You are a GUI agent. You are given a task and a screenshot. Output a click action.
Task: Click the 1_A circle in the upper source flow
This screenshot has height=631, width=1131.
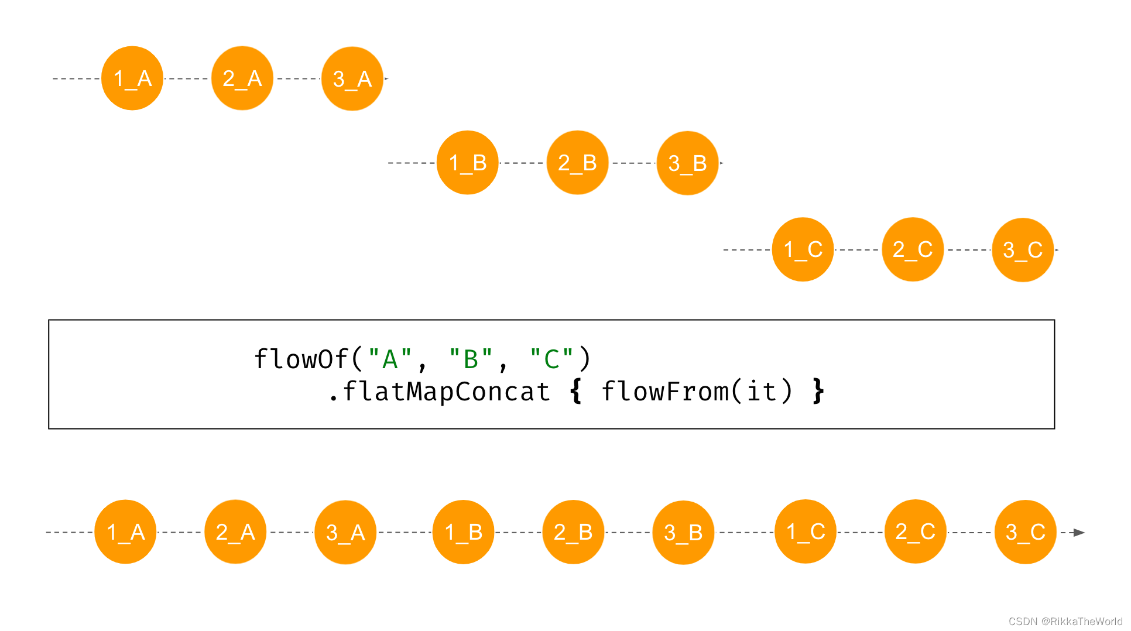tap(132, 78)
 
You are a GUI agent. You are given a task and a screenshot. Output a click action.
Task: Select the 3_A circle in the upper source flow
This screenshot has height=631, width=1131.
tap(352, 78)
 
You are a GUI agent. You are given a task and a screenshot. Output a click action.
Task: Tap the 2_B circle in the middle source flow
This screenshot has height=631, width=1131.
tap(577, 163)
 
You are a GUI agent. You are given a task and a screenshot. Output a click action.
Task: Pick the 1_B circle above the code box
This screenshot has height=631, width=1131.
tap(467, 163)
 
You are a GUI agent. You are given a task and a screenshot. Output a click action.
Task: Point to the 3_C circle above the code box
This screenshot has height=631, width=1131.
tap(1023, 250)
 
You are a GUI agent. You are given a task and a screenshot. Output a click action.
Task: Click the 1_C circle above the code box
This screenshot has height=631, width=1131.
tap(803, 249)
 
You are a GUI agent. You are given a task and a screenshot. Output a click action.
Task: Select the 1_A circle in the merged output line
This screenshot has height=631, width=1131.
tap(125, 532)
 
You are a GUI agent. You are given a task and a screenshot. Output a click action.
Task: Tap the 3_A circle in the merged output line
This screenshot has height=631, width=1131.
tap(345, 533)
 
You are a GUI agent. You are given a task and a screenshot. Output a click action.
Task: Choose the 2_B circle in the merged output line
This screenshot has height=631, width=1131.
tap(573, 532)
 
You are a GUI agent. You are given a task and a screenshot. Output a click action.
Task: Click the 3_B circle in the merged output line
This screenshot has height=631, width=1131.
tap(683, 533)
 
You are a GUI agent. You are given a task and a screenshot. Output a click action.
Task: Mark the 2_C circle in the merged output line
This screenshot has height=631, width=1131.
tap(916, 531)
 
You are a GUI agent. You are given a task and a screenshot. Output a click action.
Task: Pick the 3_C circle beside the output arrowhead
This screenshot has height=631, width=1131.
tap(1026, 532)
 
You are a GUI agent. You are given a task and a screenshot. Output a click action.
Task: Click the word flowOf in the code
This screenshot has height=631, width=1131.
tap(301, 359)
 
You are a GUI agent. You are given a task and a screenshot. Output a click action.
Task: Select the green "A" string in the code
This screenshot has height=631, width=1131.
tap(390, 359)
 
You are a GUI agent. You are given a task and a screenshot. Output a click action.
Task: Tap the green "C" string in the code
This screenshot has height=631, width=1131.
tap(551, 359)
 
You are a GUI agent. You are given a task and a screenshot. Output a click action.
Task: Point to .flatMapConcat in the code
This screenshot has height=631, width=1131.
tap(439, 392)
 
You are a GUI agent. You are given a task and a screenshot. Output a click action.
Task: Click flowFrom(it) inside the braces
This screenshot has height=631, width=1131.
tap(697, 392)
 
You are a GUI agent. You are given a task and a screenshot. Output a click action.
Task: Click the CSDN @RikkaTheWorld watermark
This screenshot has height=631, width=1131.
tap(1065, 622)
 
